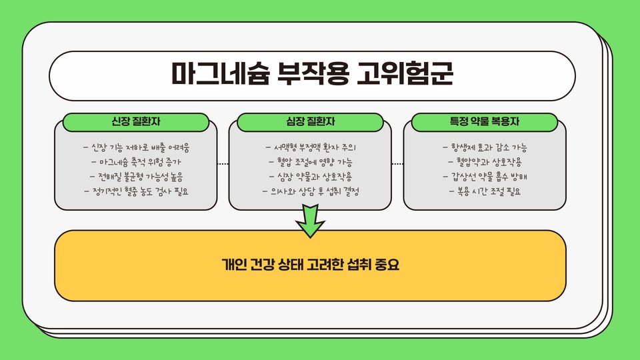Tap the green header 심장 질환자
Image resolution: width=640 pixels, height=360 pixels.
(311, 122)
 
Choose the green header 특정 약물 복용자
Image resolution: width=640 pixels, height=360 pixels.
(485, 122)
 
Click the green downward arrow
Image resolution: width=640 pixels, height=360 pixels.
(310, 222)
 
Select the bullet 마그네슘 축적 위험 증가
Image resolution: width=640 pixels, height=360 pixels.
(136, 162)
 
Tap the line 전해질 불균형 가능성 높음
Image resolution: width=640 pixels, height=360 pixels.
(136, 177)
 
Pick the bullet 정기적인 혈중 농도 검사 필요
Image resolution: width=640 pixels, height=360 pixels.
(136, 191)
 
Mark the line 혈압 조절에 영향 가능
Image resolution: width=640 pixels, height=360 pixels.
(311, 162)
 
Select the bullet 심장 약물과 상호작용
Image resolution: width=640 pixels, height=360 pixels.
(311, 177)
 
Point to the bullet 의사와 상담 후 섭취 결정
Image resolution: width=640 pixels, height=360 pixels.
(311, 191)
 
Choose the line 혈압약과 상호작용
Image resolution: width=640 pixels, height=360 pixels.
(485, 162)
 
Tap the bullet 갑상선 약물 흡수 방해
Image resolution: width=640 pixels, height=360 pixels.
(485, 177)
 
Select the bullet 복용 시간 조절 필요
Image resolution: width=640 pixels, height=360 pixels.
(485, 191)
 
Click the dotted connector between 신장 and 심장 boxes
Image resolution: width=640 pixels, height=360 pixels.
(223, 163)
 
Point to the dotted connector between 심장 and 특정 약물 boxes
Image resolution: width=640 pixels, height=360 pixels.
(398, 163)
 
